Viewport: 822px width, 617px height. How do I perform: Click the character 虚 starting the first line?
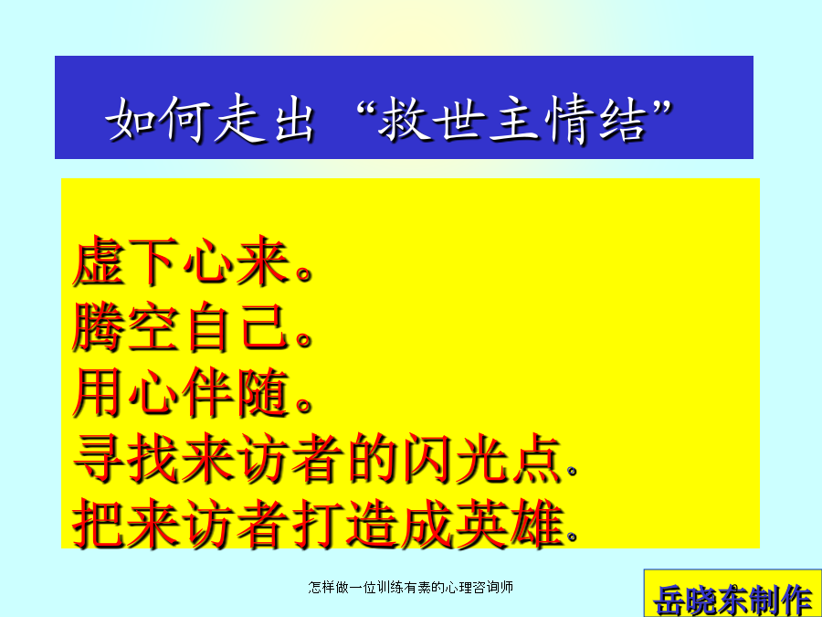pyautogui.click(x=99, y=261)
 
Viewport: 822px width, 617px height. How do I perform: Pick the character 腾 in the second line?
pyautogui.click(x=98, y=325)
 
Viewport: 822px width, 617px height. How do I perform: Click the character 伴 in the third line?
pyautogui.click(x=207, y=392)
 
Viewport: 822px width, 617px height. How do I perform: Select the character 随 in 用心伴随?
pyautogui.click(x=263, y=392)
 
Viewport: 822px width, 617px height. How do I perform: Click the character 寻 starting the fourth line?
pyautogui.click(x=99, y=458)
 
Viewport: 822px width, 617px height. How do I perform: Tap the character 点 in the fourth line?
pyautogui.click(x=537, y=458)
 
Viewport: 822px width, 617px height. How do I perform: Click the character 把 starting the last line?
pyautogui.click(x=99, y=524)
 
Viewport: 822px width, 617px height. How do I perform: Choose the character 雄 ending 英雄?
pyautogui.click(x=538, y=524)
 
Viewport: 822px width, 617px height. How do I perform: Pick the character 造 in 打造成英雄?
pyautogui.click(x=373, y=524)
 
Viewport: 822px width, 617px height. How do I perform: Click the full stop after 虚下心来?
pyautogui.click(x=304, y=273)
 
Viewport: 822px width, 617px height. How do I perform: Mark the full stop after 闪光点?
pyautogui.click(x=572, y=471)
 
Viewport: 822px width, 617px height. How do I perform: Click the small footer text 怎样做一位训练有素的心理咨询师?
pyautogui.click(x=410, y=587)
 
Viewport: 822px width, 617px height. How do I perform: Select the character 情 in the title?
pyautogui.click(x=569, y=118)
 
